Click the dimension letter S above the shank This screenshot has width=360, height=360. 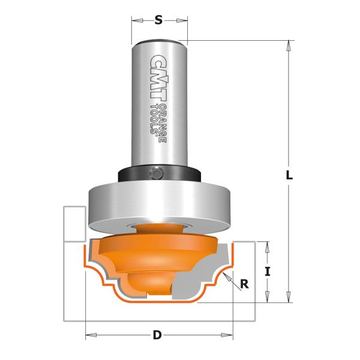[x=158, y=20]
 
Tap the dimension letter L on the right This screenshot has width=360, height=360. [x=289, y=175]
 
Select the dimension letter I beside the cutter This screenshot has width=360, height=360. [x=268, y=272]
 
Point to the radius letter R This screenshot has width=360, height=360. [x=244, y=284]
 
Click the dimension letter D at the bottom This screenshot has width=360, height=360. [x=157, y=335]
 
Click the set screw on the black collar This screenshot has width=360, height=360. [x=157, y=173]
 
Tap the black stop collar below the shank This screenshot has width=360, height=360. [x=160, y=174]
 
